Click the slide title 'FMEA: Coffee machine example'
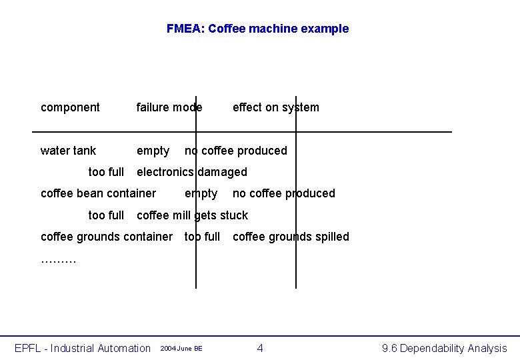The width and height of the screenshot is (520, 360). coord(257,29)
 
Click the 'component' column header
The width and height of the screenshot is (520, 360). coord(70,107)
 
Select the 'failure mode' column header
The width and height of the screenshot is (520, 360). coord(169,107)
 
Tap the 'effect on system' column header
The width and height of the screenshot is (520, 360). coord(275,107)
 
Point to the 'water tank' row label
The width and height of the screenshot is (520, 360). coord(68,151)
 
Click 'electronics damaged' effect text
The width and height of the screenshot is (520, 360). coord(191,172)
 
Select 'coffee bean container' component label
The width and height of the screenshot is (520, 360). coord(98,193)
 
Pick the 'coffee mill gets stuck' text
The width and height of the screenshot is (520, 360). coord(192,215)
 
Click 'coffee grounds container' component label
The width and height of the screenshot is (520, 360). coord(106,237)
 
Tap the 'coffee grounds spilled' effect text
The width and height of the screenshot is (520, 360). coord(291,237)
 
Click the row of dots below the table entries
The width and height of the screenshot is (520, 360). coord(59,260)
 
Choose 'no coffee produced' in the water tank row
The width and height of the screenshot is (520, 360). coord(235,151)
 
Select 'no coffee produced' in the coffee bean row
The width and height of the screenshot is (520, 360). coord(283,193)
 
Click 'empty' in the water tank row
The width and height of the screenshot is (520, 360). coord(153,151)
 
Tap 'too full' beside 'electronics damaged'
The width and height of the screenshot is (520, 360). coord(106,172)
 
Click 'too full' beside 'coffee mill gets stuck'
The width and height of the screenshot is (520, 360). coord(106,215)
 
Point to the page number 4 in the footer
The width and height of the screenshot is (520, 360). coord(260,348)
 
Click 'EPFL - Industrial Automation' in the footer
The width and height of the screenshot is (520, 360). coord(83,348)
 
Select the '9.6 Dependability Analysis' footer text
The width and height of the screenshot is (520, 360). coord(444,348)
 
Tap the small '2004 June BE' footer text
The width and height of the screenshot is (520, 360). coord(181,349)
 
